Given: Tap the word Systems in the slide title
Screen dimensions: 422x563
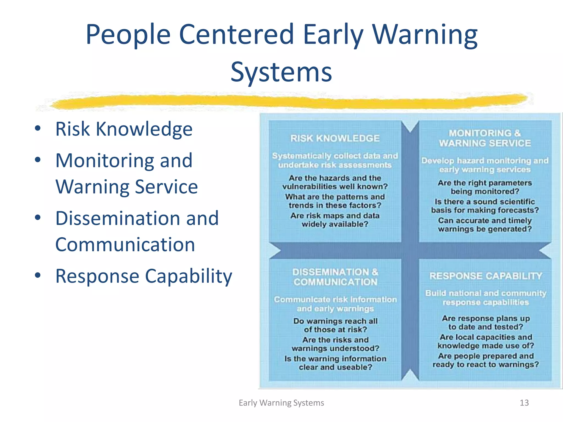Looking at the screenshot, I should click(281, 72).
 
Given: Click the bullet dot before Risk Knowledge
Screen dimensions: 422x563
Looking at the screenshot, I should click(38, 128).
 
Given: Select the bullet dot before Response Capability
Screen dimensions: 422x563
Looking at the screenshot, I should click(38, 275).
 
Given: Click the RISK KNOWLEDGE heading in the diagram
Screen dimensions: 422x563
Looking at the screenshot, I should click(335, 138).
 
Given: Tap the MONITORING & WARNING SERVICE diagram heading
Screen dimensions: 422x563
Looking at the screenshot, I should click(485, 138).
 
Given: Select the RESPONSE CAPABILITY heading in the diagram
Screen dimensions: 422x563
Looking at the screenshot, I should click(485, 276).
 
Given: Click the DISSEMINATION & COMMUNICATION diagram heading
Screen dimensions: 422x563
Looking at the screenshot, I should click(335, 277).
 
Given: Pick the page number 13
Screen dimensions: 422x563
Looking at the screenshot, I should click(524, 403).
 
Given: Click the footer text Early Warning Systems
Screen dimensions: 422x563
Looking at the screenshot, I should click(281, 403).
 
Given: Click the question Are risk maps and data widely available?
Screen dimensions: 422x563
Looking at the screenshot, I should click(335, 220).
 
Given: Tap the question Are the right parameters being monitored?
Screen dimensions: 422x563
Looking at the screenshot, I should click(485, 187).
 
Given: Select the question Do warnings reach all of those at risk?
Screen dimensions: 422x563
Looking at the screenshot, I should click(335, 325).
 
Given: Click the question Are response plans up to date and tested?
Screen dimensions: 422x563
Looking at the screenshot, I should click(485, 323).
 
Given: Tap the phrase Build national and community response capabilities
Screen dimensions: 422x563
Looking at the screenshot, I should click(485, 298).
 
